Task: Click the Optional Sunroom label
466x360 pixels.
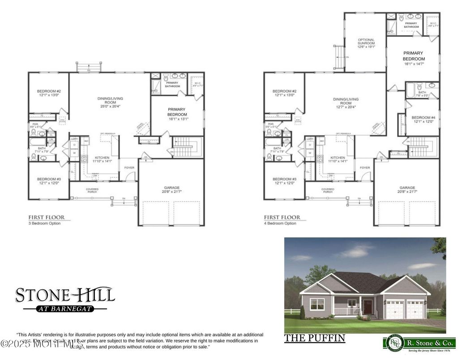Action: tap(366, 43)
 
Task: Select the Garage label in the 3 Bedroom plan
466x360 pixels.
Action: tap(171, 190)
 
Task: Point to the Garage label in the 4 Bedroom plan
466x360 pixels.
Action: tap(407, 190)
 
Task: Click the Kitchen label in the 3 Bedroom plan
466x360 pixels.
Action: tap(102, 159)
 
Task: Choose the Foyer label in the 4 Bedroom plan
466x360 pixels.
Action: tap(365, 168)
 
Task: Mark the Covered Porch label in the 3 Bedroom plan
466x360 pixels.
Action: tap(92, 191)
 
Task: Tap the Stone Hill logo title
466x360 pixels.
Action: tap(65, 295)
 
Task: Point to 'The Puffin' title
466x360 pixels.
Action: tap(314, 339)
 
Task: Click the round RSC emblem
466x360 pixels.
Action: tap(393, 343)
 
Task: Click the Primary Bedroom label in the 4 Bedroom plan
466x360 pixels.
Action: tap(413, 58)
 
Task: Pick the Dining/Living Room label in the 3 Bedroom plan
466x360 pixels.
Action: tap(110, 102)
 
